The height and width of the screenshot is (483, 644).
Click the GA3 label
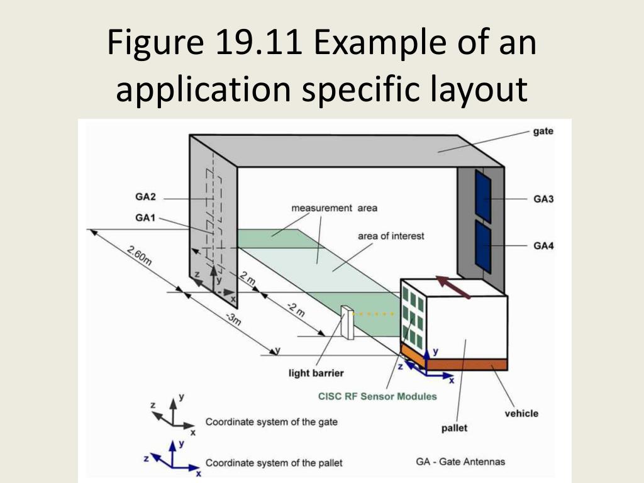[543, 199]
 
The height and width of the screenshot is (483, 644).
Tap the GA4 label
[543, 246]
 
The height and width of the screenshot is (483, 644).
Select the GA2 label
[145, 197]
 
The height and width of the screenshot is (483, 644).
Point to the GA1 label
[145, 218]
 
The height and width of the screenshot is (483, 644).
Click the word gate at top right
[543, 131]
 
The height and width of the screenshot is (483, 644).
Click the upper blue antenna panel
[483, 195]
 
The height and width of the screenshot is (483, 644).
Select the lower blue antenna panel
[483, 248]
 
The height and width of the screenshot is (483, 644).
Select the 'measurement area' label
[334, 208]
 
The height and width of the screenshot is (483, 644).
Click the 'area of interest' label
[391, 236]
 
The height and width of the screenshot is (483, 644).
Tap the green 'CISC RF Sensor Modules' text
[377, 396]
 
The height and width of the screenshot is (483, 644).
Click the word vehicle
[521, 413]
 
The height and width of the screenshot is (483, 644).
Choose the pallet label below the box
[454, 429]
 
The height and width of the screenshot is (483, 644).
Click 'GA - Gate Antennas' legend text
[460, 462]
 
